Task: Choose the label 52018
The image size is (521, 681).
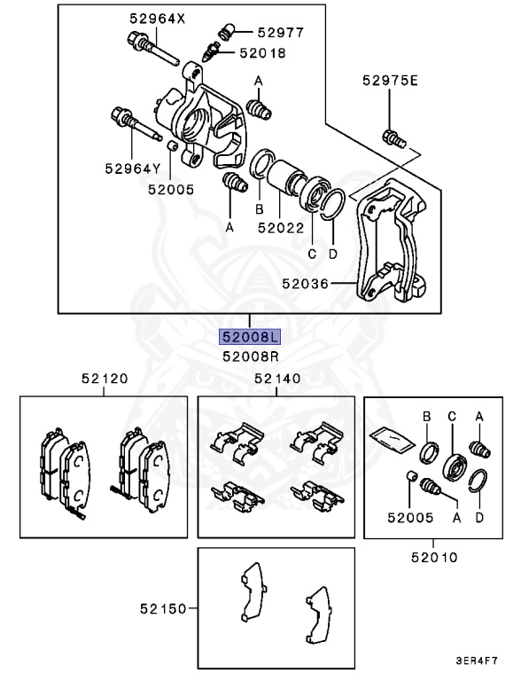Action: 262,53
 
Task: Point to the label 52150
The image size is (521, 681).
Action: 163,609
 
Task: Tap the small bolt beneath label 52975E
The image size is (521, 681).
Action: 391,137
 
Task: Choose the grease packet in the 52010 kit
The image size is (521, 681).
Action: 388,437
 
